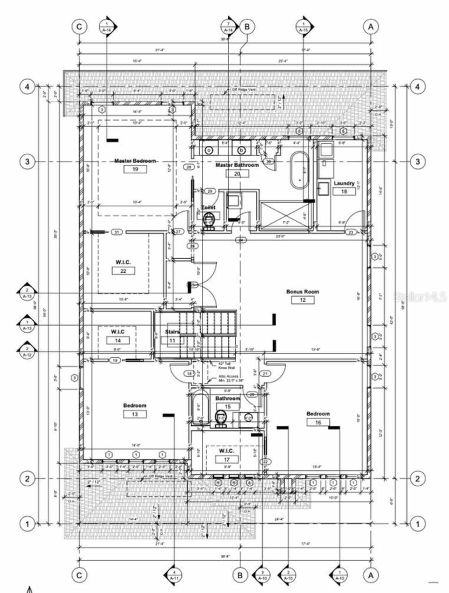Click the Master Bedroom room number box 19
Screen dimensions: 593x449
(135, 169)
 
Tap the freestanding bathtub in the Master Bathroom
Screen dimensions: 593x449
(299, 171)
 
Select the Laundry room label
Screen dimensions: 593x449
(344, 183)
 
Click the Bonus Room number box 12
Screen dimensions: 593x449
(303, 300)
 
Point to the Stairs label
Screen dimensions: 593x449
(172, 332)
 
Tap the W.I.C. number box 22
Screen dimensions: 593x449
(123, 271)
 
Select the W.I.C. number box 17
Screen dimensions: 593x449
(227, 459)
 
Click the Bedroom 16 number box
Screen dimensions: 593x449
(318, 422)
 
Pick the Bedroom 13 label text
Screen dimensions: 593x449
(135, 406)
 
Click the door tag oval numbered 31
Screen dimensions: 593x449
(117, 232)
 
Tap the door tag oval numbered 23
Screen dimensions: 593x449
(351, 232)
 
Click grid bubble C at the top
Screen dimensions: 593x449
(79, 27)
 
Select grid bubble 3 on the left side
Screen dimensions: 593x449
(27, 162)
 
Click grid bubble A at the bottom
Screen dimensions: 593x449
(371, 575)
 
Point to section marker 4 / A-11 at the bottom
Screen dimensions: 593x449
(174, 575)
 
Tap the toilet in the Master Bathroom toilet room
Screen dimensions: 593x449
(209, 221)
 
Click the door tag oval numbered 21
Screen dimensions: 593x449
(265, 374)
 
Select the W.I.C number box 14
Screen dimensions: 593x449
(118, 340)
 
